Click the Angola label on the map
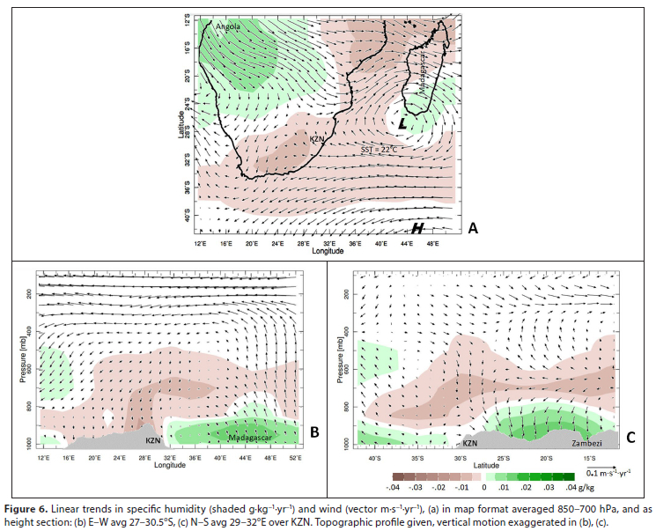(227, 27)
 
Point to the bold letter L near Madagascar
(402, 124)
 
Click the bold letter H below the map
(419, 229)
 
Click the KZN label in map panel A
(318, 140)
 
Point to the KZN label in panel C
(469, 444)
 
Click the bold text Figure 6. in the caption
(33, 510)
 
